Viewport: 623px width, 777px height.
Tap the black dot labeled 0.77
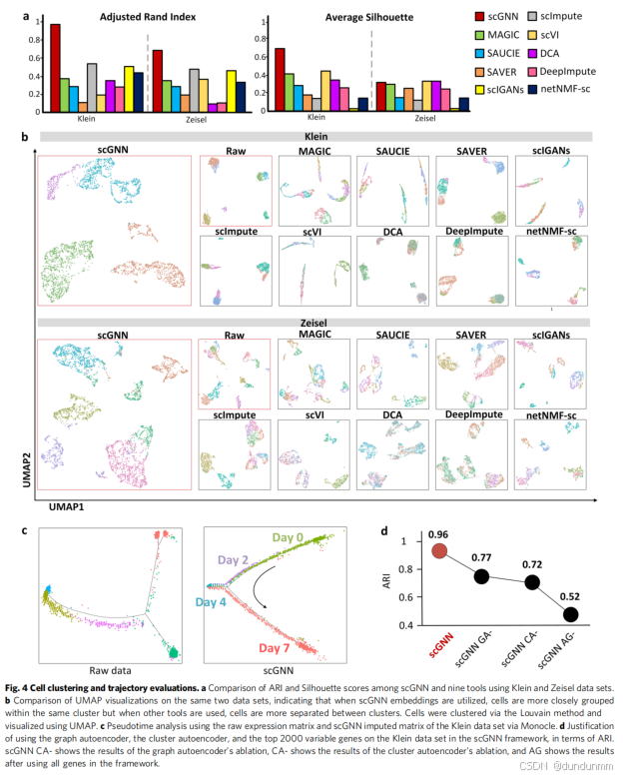482,575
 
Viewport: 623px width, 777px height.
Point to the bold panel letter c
23,528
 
